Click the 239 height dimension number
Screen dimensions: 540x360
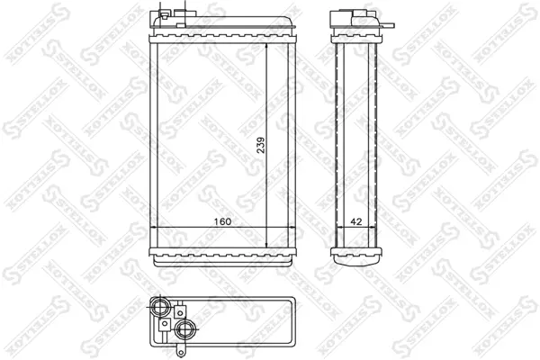tap(261, 145)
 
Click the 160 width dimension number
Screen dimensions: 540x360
tap(222, 221)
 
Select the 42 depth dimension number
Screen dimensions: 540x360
tap(356, 221)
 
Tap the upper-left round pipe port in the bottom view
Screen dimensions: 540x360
tap(160, 306)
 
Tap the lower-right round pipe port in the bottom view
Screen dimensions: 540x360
tap(184, 329)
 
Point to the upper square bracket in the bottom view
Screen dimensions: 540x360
tap(180, 311)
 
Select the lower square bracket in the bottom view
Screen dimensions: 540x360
tap(165, 324)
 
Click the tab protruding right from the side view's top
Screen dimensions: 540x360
tap(387, 25)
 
